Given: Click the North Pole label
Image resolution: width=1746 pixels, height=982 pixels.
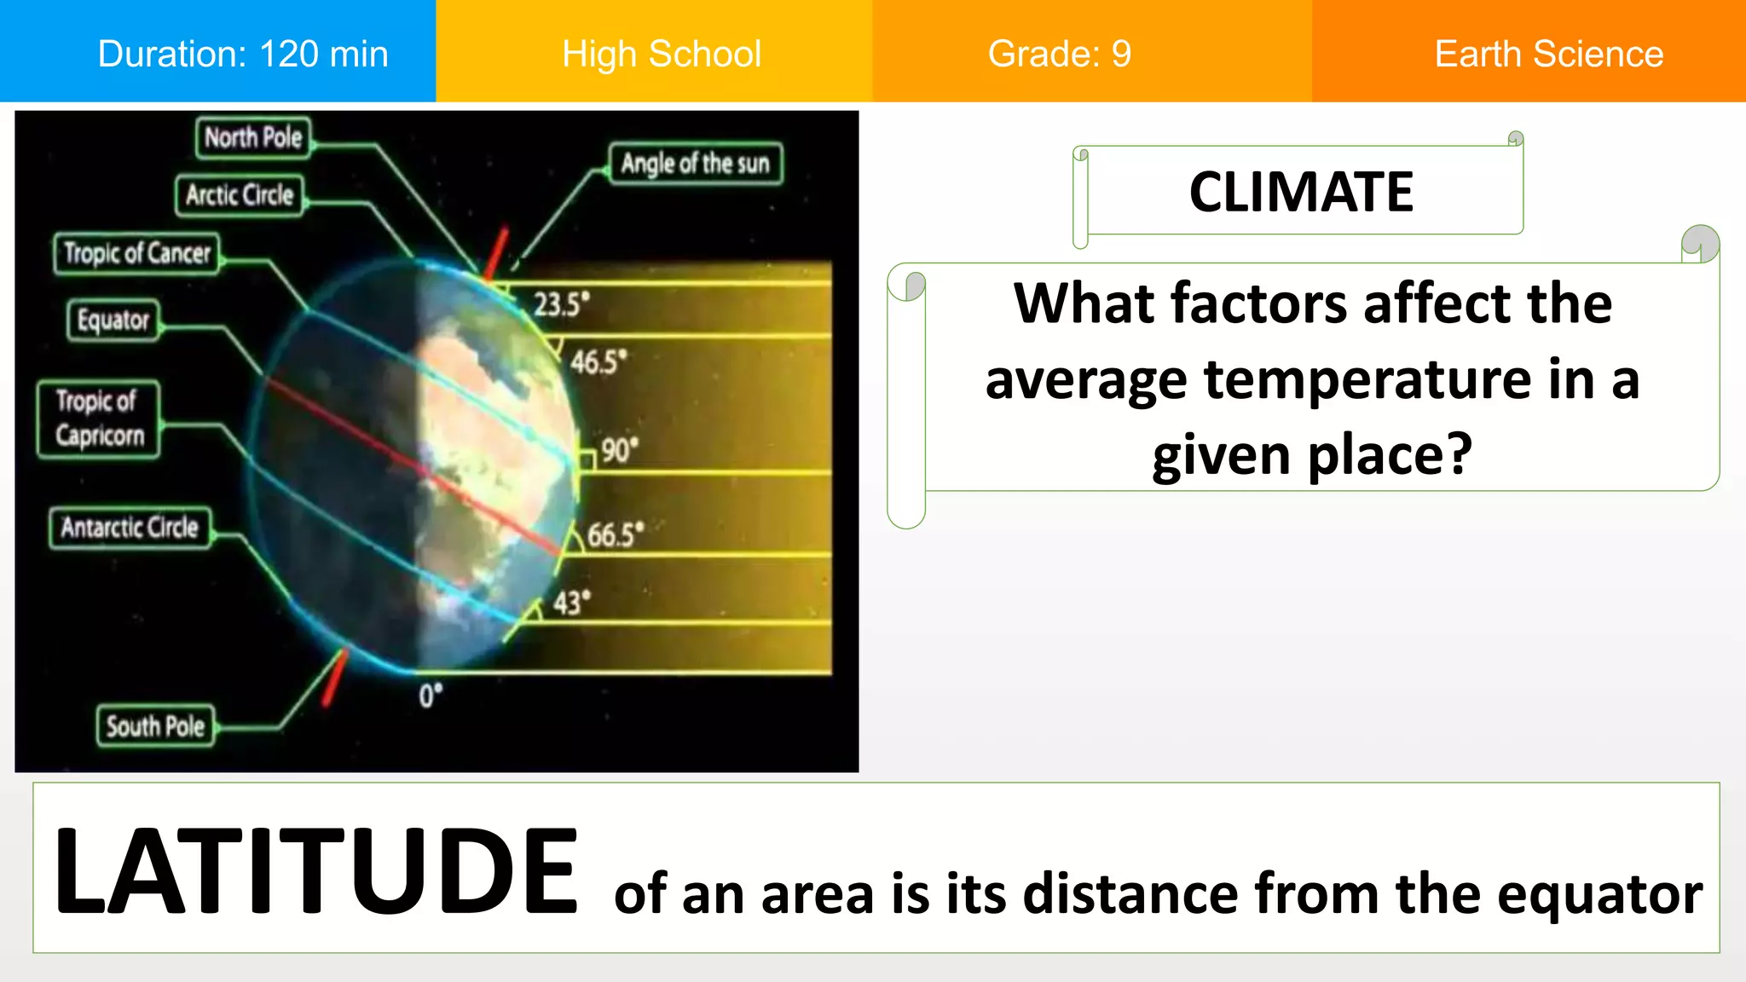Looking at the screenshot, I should (x=253, y=137).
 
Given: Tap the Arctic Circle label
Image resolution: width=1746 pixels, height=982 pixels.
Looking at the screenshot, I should (x=240, y=195).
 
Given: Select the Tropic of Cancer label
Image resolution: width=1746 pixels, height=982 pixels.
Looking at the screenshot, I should (x=136, y=253).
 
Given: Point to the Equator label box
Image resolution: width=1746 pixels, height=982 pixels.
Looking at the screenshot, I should (x=113, y=321).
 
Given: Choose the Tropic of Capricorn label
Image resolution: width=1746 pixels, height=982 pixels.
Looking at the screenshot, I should (x=99, y=419).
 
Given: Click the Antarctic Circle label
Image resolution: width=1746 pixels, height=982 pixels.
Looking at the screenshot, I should (x=130, y=528).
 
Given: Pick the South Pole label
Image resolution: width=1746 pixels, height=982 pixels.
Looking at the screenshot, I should (x=155, y=726).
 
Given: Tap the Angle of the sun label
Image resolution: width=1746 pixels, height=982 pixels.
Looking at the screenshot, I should (x=695, y=163).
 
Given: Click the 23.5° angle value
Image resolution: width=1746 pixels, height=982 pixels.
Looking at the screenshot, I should (x=561, y=304).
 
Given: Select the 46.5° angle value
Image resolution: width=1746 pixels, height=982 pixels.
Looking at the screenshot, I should (x=598, y=361).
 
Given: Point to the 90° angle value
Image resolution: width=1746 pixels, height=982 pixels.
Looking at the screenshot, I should (x=619, y=450).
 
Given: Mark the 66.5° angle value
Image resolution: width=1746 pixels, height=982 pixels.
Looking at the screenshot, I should (x=615, y=535).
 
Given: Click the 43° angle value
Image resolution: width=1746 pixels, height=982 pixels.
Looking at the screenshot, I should (x=571, y=603).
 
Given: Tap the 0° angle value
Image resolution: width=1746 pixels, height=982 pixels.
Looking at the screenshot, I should (x=431, y=696).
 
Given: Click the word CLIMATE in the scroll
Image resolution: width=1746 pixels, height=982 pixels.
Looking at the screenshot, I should (x=1301, y=192).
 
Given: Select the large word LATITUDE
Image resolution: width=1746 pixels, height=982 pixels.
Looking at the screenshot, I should (x=315, y=871).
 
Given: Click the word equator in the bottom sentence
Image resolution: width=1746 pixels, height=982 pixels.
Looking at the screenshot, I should (x=1599, y=894).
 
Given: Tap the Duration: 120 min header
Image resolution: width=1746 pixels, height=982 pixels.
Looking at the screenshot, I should (x=243, y=54).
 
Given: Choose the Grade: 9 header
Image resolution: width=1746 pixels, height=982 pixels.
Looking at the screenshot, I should (x=1059, y=54).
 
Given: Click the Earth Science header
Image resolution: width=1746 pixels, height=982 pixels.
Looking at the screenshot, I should (x=1548, y=54).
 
